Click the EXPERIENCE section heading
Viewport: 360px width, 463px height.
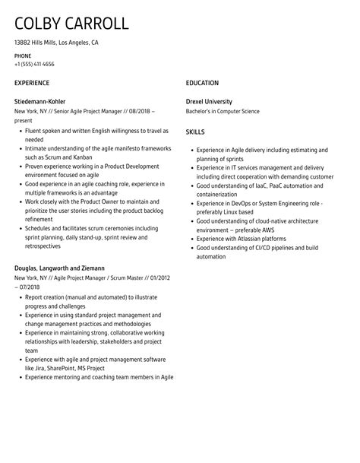(32, 83)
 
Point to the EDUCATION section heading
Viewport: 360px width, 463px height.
(202, 83)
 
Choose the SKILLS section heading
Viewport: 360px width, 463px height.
(196, 132)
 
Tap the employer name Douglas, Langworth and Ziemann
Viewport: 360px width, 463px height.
(59, 268)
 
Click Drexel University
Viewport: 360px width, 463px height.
(209, 101)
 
